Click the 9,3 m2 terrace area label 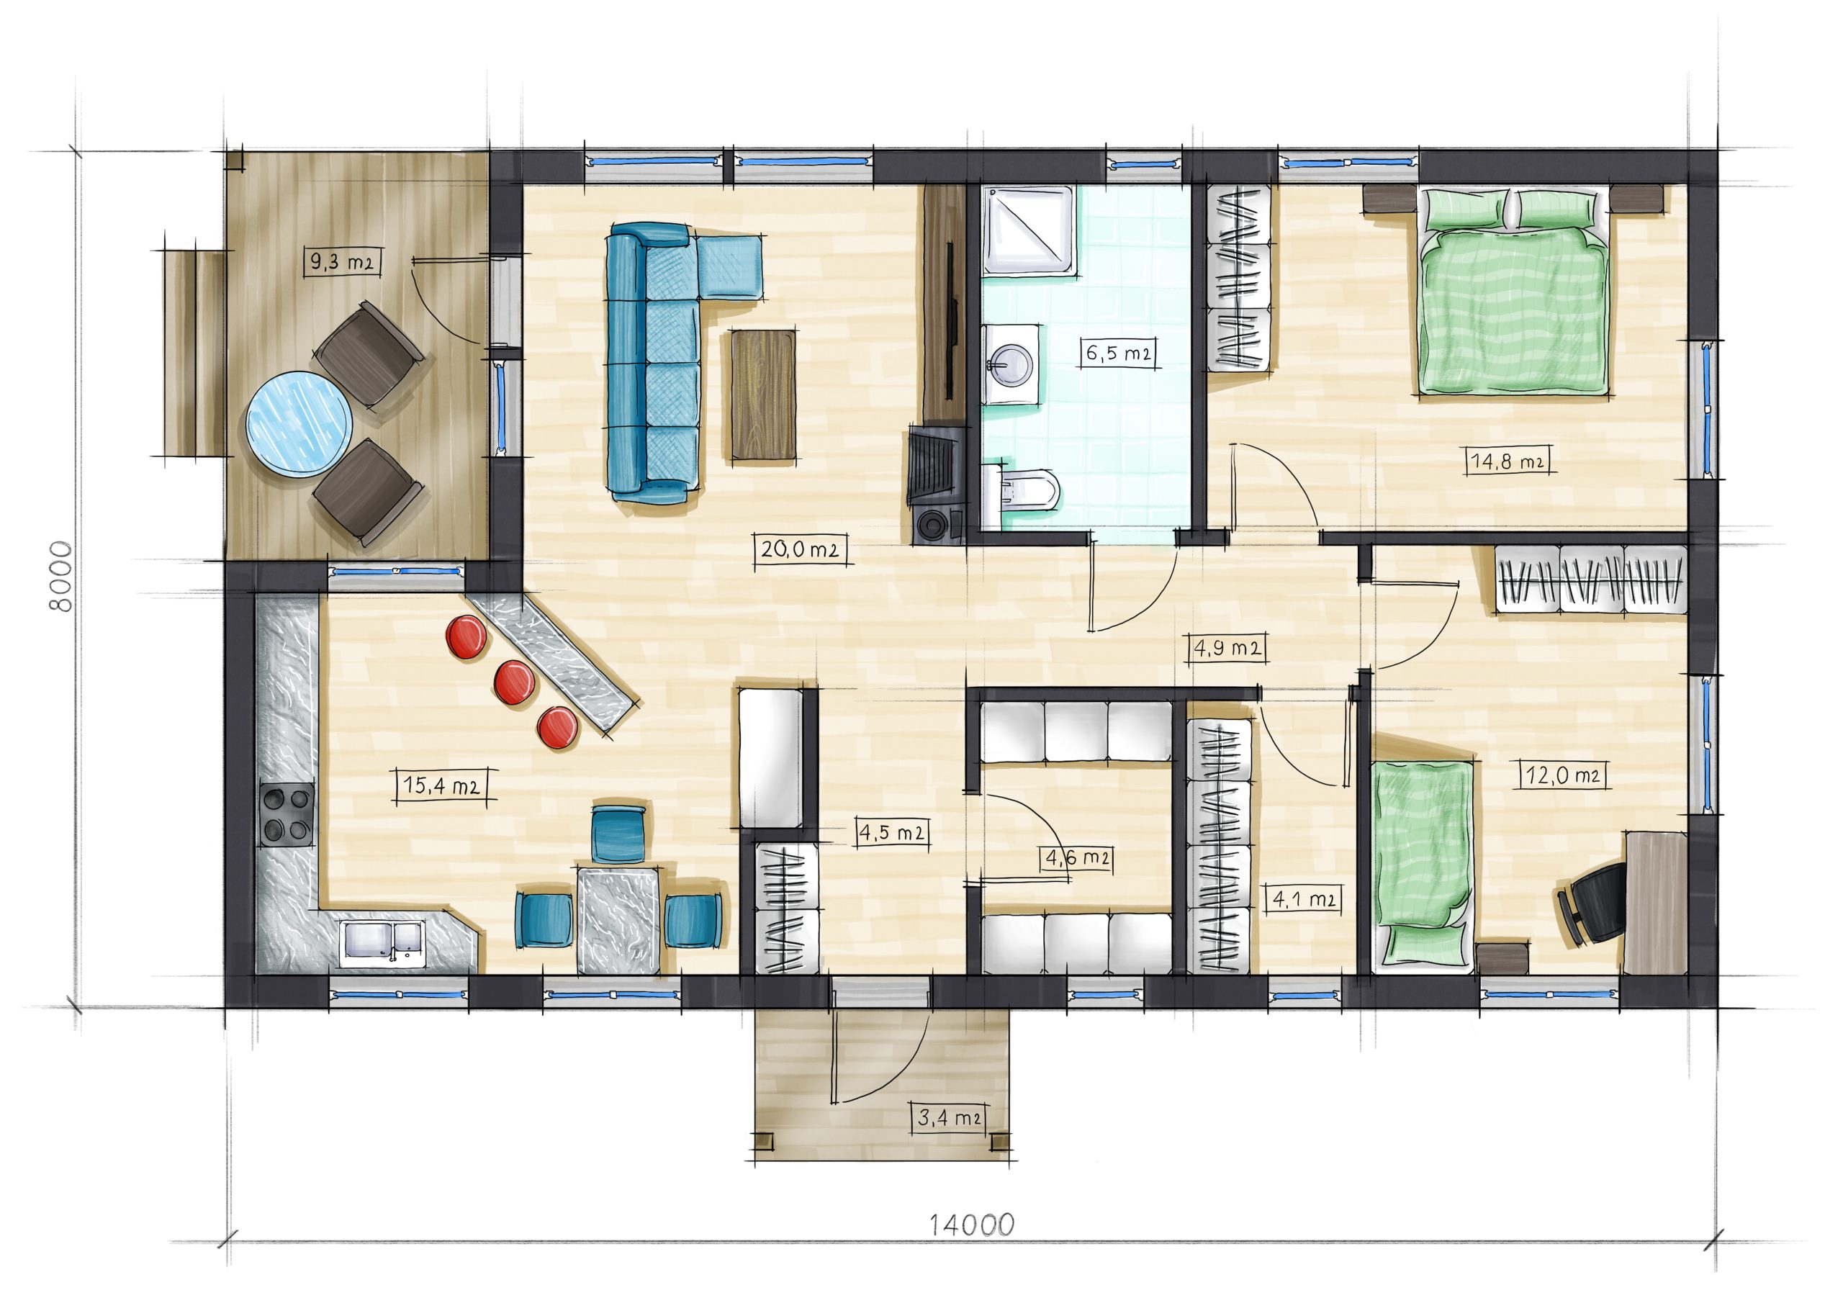(343, 262)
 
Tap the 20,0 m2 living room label (801, 550)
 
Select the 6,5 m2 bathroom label (1118, 353)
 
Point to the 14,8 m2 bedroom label (1508, 461)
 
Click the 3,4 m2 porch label (950, 1117)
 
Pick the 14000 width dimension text (971, 1225)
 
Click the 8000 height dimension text (62, 577)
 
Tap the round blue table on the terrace (299, 424)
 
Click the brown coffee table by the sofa (763, 395)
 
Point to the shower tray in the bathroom (1029, 230)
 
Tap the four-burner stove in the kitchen (286, 814)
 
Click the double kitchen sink (382, 942)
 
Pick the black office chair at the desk (1594, 903)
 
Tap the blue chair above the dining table (619, 834)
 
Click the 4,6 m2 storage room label (1077, 858)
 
